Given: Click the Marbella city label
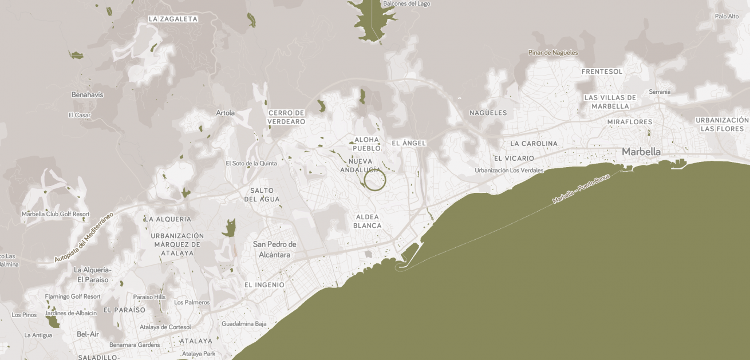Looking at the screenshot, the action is pos(641,152).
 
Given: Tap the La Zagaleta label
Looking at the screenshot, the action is pos(173,19).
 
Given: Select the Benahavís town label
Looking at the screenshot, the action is pos(87,94).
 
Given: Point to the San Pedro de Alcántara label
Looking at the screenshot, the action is pos(275,250).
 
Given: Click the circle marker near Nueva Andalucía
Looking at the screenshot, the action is pos(375,180).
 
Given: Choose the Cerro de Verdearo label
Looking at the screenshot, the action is pos(286,117).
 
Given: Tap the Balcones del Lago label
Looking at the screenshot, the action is pos(406,3).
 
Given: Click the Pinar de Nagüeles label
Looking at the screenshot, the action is pos(553,53).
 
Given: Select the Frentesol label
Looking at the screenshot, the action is pos(602,72).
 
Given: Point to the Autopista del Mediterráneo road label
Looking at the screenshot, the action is pos(84,237).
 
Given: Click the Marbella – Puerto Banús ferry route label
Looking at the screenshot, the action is pos(581,189).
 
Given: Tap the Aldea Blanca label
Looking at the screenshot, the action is pos(368,221).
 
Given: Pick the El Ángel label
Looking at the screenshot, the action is pos(409,143).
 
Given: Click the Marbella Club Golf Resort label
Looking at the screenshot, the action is pos(56,214).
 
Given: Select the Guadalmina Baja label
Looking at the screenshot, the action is pos(244,323).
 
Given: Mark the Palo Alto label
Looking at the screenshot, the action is pos(727,16).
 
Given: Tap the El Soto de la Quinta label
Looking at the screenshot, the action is pos(251,163).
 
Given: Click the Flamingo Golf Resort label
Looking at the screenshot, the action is pos(73,296).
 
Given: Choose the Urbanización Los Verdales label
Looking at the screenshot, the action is pos(508,171).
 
